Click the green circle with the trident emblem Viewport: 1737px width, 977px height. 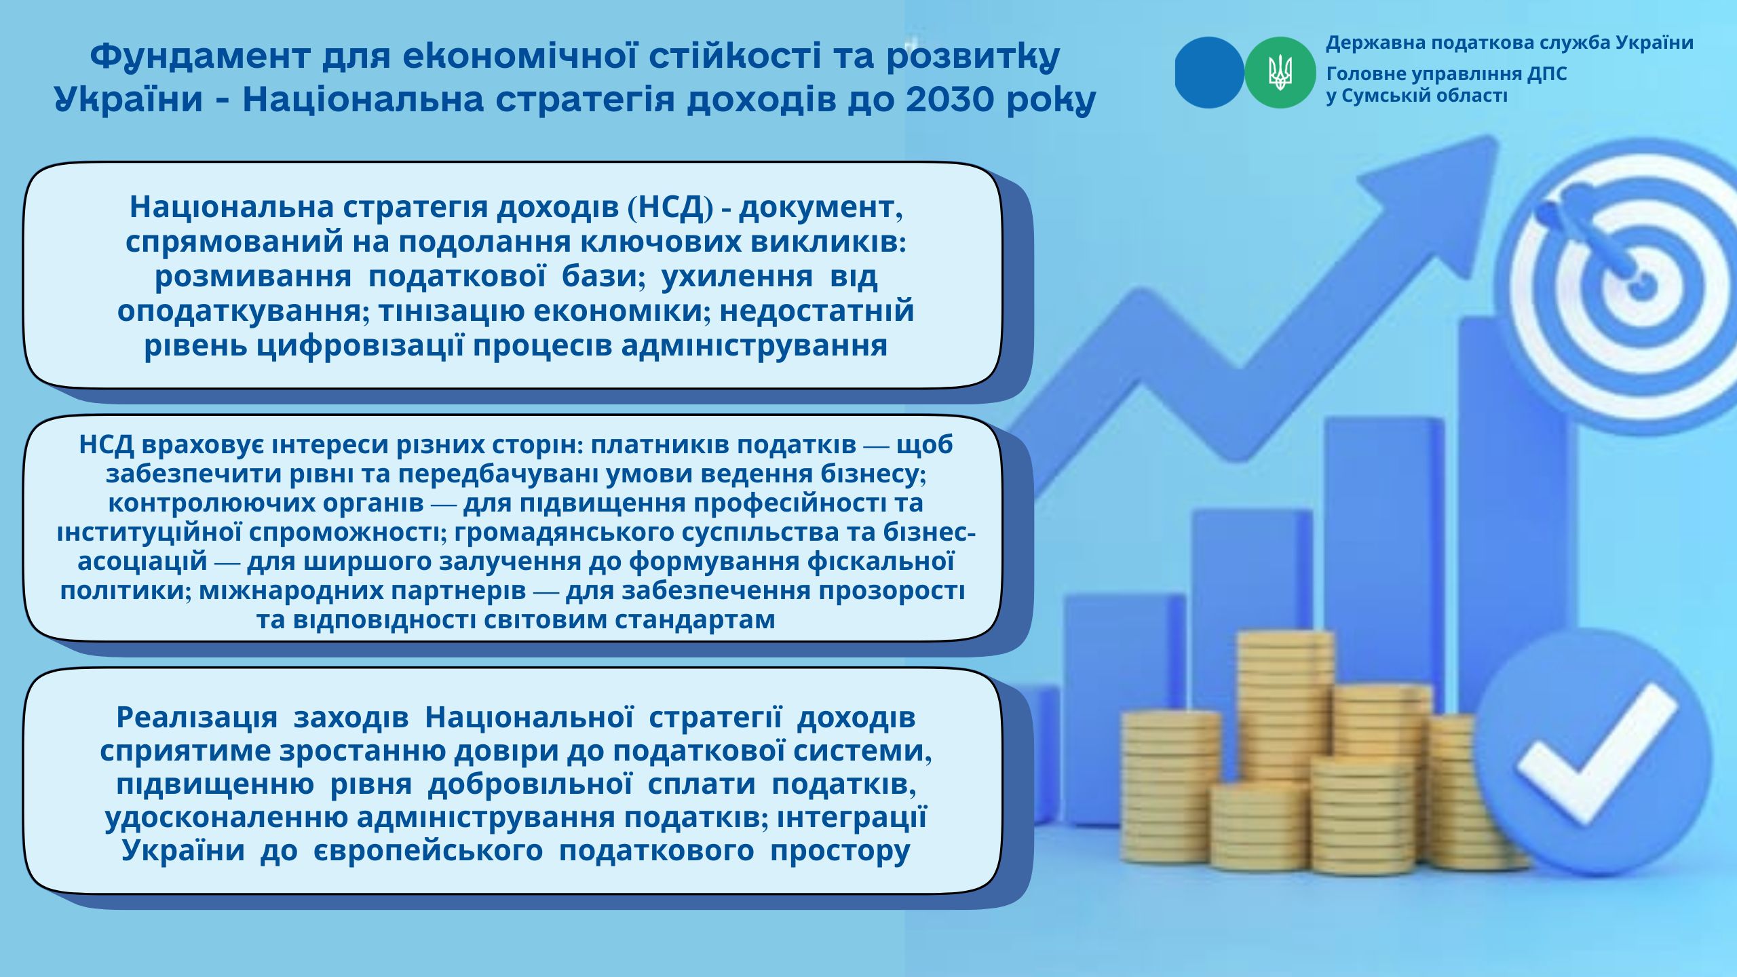tap(1280, 73)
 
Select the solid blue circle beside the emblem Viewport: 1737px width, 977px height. tap(1209, 73)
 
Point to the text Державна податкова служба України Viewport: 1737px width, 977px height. tap(1510, 43)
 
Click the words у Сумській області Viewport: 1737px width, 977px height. tap(1417, 96)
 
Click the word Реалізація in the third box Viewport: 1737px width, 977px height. tap(197, 717)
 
